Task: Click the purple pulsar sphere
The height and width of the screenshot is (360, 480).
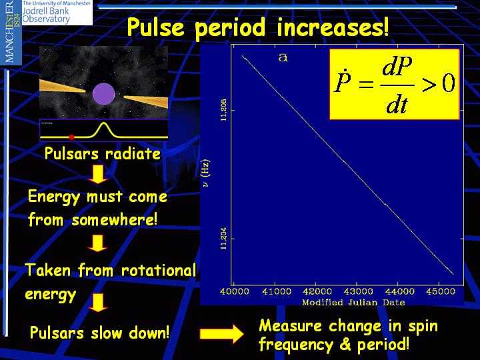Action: (x=104, y=94)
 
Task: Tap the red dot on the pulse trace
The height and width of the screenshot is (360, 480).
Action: (x=71, y=137)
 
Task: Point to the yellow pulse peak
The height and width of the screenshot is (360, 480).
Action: (x=104, y=123)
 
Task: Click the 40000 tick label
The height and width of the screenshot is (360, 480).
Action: (x=234, y=291)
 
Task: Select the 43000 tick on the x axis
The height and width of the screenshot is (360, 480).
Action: (x=358, y=291)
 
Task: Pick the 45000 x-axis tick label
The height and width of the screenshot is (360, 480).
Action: (x=440, y=291)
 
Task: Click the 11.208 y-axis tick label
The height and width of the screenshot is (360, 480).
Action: (x=224, y=109)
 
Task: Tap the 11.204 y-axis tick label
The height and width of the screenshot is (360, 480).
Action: (x=224, y=238)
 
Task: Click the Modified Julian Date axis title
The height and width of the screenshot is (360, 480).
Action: (x=353, y=303)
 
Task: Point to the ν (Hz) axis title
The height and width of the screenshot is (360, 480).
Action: (x=205, y=173)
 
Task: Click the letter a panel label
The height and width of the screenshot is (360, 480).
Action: (x=283, y=57)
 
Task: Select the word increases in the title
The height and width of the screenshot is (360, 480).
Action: (x=333, y=27)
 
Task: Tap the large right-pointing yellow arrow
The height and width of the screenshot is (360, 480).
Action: (x=221, y=334)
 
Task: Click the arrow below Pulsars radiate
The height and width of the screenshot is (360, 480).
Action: (x=98, y=174)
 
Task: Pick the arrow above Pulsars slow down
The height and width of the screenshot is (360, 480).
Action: (x=98, y=303)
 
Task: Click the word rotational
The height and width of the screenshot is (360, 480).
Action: (x=158, y=270)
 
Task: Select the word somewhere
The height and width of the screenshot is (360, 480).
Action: (x=115, y=219)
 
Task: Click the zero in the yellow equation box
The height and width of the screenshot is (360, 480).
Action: (x=449, y=83)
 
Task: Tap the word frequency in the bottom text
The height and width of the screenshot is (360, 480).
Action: (x=295, y=345)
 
